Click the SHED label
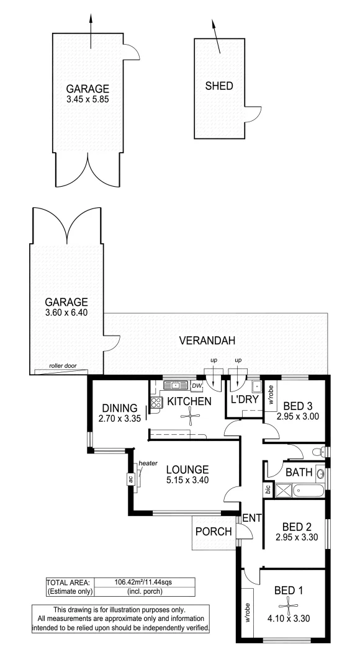click(x=219, y=86)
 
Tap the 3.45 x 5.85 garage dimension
click(x=88, y=100)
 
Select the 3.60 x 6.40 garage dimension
click(x=66, y=312)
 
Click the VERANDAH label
click(x=207, y=341)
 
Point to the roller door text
click(x=62, y=366)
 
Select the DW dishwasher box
click(x=196, y=386)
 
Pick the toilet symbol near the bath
click(x=318, y=451)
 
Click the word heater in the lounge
click(x=148, y=463)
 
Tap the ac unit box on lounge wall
click(x=130, y=479)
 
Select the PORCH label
click(x=214, y=532)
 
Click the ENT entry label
click(x=251, y=518)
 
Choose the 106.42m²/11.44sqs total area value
click(x=143, y=581)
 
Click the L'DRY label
click(x=245, y=400)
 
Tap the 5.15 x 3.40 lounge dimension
click(x=187, y=480)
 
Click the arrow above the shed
click(x=216, y=37)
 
